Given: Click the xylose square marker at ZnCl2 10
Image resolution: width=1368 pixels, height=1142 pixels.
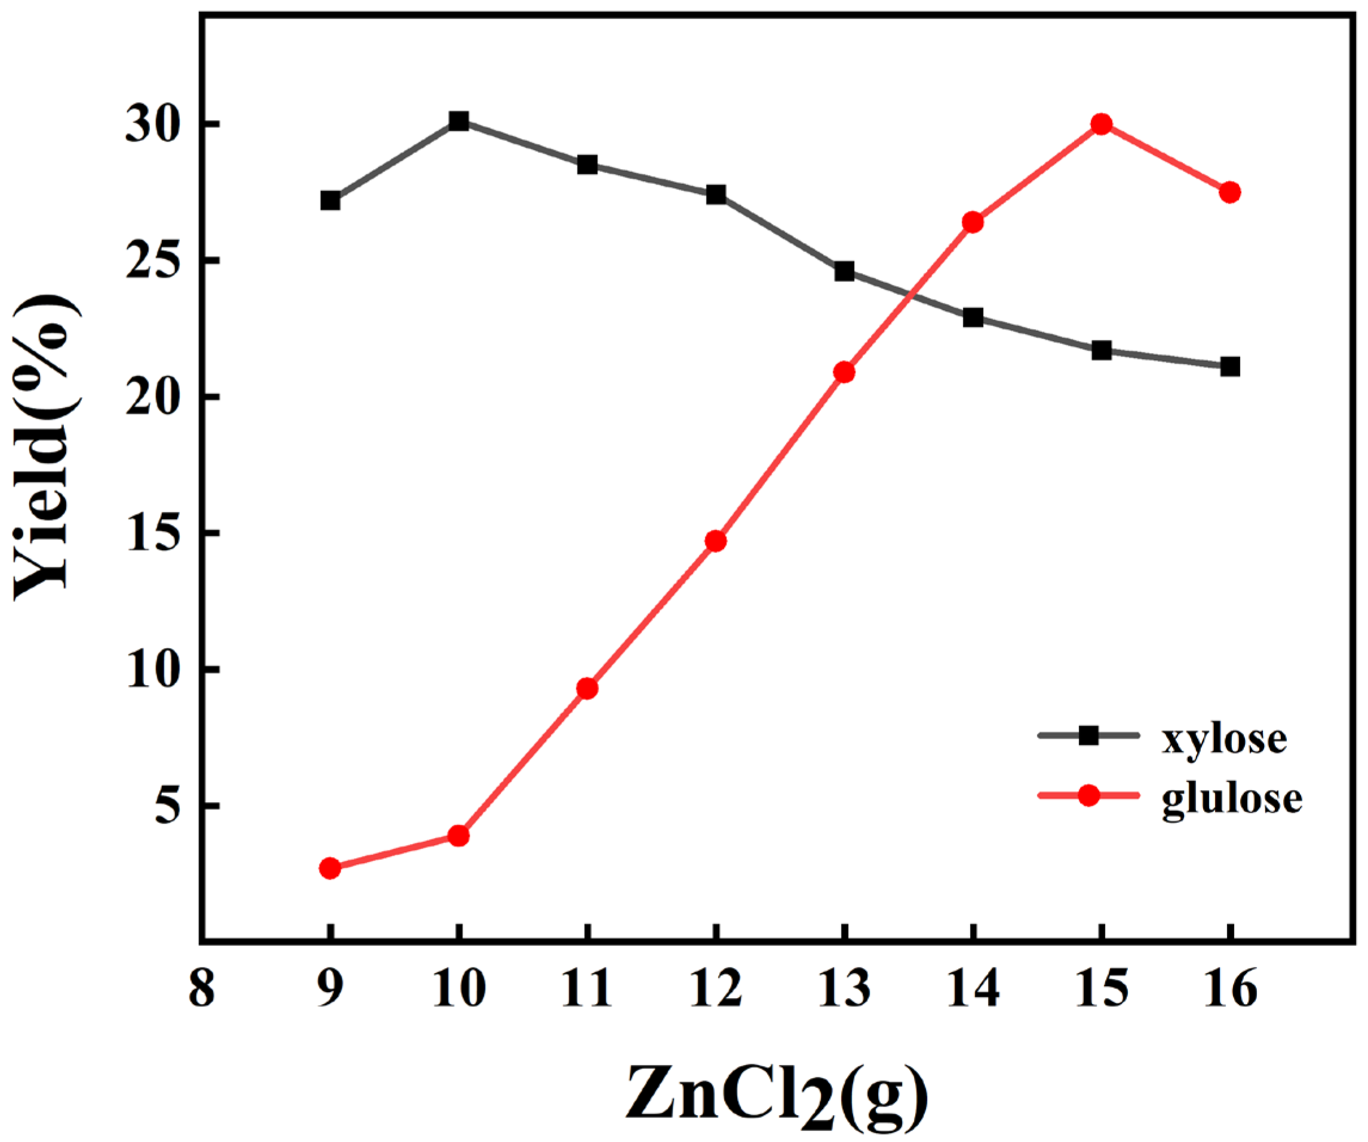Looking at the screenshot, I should [459, 121].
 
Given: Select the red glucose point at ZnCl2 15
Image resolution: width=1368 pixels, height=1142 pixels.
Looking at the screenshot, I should [1102, 124].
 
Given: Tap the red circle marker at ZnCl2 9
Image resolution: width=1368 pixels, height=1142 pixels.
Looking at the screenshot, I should [330, 868].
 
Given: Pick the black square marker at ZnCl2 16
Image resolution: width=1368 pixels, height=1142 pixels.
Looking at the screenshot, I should [1230, 367].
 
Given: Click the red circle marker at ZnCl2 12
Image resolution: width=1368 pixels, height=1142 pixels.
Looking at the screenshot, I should [716, 541].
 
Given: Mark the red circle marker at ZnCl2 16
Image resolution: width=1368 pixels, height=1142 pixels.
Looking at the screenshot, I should [1230, 192].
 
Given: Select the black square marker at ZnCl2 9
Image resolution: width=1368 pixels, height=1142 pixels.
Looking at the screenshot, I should [330, 201].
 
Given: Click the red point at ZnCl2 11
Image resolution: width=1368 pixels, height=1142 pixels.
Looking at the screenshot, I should [588, 689].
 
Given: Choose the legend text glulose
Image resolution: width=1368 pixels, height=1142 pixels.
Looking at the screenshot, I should [1232, 799].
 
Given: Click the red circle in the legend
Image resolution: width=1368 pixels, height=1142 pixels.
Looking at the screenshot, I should [1088, 796].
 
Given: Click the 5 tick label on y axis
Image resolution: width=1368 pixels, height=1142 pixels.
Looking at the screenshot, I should [167, 806].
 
